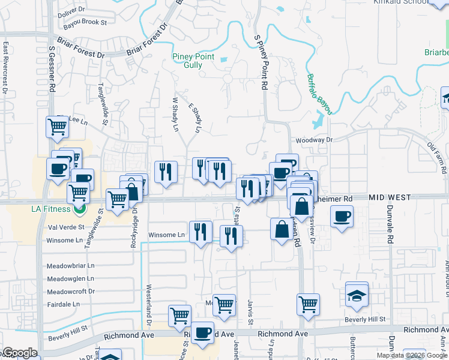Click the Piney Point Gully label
(x=193, y=61)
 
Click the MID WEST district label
(x=390, y=197)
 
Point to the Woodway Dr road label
(x=313, y=140)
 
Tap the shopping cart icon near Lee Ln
(x=56, y=127)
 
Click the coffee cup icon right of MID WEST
(x=342, y=216)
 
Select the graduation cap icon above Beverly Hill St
(x=357, y=295)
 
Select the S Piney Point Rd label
(x=261, y=62)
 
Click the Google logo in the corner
(x=19, y=353)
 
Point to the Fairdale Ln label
(x=64, y=304)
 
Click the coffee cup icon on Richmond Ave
(x=202, y=332)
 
